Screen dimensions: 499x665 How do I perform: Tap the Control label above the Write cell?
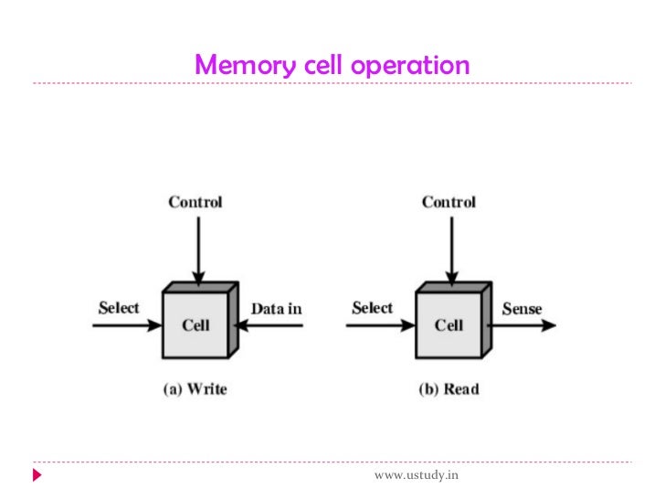195,202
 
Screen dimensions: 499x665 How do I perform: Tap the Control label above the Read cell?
449,202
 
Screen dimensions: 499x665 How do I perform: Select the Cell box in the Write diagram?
195,325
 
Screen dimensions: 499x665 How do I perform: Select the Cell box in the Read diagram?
449,325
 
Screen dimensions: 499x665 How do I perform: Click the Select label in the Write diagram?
119,308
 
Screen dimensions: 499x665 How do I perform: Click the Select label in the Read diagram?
372,308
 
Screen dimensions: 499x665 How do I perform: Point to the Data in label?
276,309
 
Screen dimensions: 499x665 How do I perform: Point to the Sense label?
522,309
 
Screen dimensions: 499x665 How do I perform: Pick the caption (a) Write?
195,389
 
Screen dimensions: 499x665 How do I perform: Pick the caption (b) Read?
449,389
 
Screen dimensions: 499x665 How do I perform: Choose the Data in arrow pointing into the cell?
269,325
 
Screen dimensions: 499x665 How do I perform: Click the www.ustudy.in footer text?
417,475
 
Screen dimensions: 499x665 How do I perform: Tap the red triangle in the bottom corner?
37,476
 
